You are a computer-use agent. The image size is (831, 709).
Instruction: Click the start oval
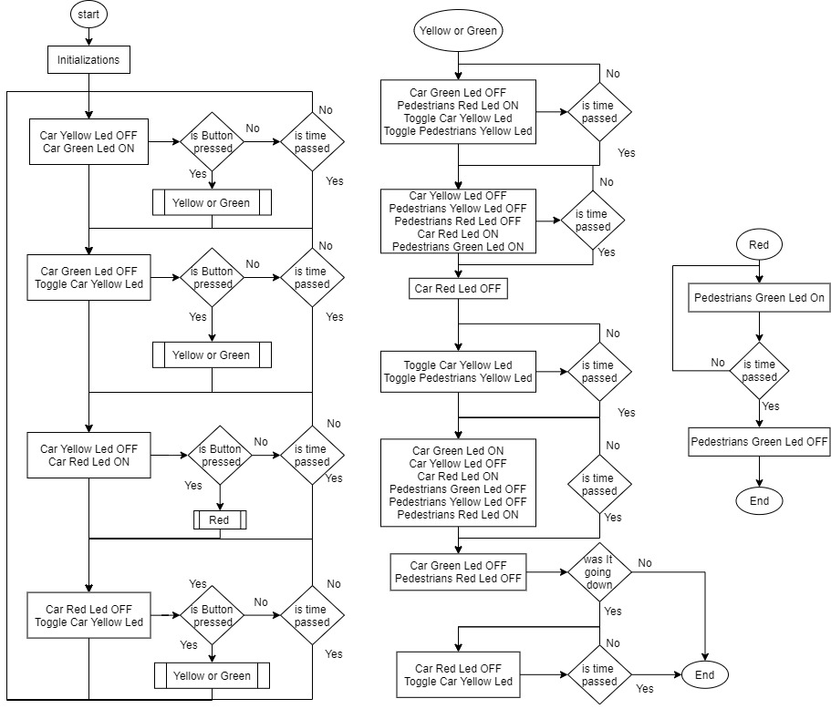pyautogui.click(x=88, y=15)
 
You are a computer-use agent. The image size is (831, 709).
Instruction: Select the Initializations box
pyautogui.click(x=88, y=60)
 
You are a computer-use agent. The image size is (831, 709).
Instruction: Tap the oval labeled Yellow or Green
pyautogui.click(x=458, y=31)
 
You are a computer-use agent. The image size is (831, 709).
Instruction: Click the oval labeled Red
pyautogui.click(x=758, y=245)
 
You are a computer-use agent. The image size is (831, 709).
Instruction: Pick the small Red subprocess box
pyautogui.click(x=220, y=519)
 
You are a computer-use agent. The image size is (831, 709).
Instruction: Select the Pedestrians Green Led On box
pyautogui.click(x=759, y=298)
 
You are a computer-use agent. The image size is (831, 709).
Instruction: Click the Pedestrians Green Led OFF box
pyautogui.click(x=759, y=442)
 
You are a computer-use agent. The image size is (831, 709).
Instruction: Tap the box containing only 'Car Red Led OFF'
pyautogui.click(x=458, y=289)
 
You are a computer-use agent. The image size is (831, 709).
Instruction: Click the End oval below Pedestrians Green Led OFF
pyautogui.click(x=759, y=500)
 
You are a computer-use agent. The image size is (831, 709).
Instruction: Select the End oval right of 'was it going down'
pyautogui.click(x=704, y=675)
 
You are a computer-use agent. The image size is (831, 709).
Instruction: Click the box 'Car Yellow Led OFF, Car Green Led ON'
pyautogui.click(x=88, y=142)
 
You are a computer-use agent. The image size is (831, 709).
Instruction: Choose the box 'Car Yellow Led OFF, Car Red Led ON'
pyautogui.click(x=88, y=455)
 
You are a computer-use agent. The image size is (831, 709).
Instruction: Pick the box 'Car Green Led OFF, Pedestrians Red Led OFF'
pyautogui.click(x=458, y=572)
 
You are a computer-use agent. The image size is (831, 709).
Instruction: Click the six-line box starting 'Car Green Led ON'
pyautogui.click(x=458, y=482)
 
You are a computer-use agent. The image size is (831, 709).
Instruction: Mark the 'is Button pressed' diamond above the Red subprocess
pyautogui.click(x=221, y=455)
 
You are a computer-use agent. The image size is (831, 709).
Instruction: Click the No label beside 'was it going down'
pyautogui.click(x=645, y=563)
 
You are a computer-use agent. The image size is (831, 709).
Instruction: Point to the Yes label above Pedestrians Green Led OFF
pyautogui.click(x=771, y=406)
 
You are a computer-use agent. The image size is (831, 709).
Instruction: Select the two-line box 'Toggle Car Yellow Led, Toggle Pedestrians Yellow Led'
pyautogui.click(x=458, y=371)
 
